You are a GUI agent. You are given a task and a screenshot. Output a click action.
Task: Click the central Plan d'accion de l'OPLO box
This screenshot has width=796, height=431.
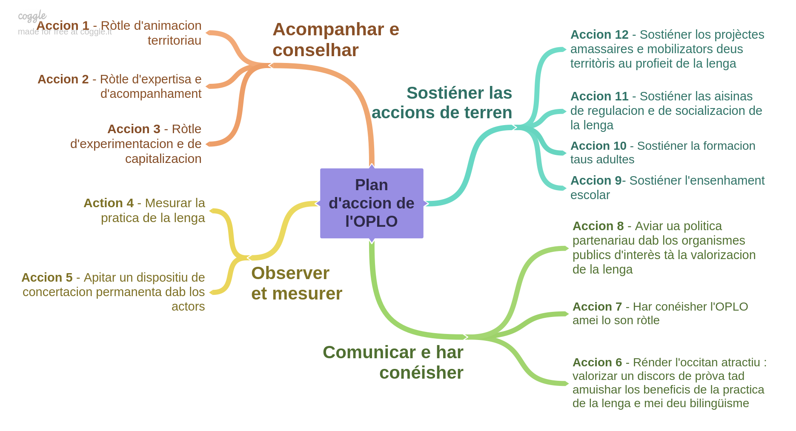point(372,203)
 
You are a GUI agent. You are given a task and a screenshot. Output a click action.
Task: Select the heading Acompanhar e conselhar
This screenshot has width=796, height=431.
point(336,40)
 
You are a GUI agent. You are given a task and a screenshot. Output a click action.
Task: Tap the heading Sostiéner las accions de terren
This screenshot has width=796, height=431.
point(442,103)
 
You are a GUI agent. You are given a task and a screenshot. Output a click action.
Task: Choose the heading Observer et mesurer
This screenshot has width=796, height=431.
point(297,283)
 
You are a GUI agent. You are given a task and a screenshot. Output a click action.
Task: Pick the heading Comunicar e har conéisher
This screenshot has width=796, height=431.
point(393,362)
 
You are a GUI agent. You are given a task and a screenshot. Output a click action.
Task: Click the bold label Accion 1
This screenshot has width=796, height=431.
point(63,26)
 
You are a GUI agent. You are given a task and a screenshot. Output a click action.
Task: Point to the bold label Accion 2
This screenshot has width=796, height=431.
point(63,79)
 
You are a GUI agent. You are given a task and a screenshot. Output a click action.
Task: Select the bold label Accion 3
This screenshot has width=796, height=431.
point(134,129)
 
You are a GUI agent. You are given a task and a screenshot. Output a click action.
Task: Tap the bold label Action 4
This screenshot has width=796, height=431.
point(109,203)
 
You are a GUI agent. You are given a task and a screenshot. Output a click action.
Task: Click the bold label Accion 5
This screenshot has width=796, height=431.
point(47,277)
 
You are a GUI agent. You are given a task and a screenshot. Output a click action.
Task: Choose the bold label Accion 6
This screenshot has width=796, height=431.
point(597,362)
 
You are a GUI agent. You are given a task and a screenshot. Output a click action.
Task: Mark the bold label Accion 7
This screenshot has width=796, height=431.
point(597,307)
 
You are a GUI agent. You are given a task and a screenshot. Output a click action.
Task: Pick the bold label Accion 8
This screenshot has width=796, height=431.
point(598,226)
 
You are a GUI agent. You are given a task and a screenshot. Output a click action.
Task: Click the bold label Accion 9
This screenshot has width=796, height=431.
point(596,180)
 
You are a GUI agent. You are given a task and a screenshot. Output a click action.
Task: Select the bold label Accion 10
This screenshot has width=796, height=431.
point(598,146)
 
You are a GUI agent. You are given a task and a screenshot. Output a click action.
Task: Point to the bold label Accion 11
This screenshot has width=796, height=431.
point(599,96)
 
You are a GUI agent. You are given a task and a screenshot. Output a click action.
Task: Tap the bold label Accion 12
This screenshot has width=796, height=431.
point(599,34)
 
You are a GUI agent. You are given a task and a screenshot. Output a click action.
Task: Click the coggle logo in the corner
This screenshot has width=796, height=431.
point(32,16)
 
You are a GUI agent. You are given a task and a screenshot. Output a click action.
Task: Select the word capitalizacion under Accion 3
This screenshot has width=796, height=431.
point(163,159)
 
